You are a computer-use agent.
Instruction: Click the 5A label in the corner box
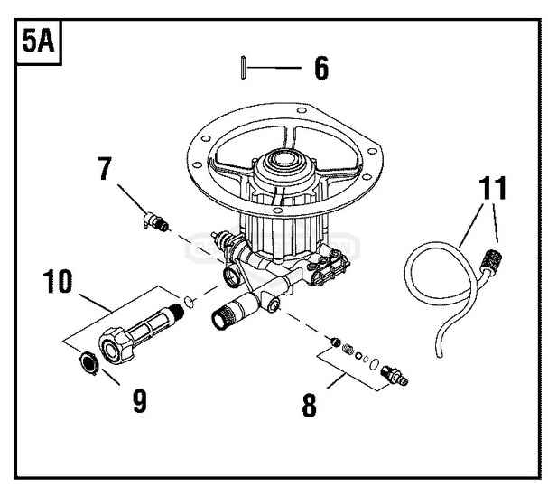click(38, 41)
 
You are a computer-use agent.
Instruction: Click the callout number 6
click(321, 68)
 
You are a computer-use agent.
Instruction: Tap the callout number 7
click(104, 168)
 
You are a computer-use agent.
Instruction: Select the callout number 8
click(309, 405)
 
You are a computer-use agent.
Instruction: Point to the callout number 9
click(140, 401)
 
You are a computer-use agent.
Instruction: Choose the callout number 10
click(58, 281)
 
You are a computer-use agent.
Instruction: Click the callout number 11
click(492, 188)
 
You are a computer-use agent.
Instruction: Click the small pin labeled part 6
click(243, 67)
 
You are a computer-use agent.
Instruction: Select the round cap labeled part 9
click(88, 363)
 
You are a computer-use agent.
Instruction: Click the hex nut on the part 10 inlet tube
click(115, 346)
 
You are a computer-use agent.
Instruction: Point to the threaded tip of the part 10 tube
click(177, 313)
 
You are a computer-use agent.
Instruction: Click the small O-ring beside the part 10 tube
click(189, 302)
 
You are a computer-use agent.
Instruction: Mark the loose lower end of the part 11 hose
click(440, 355)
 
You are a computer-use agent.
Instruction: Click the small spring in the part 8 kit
click(348, 349)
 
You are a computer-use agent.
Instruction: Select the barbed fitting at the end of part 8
click(395, 375)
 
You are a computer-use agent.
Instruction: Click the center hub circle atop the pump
click(283, 159)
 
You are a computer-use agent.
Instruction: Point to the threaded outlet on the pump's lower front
click(223, 317)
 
